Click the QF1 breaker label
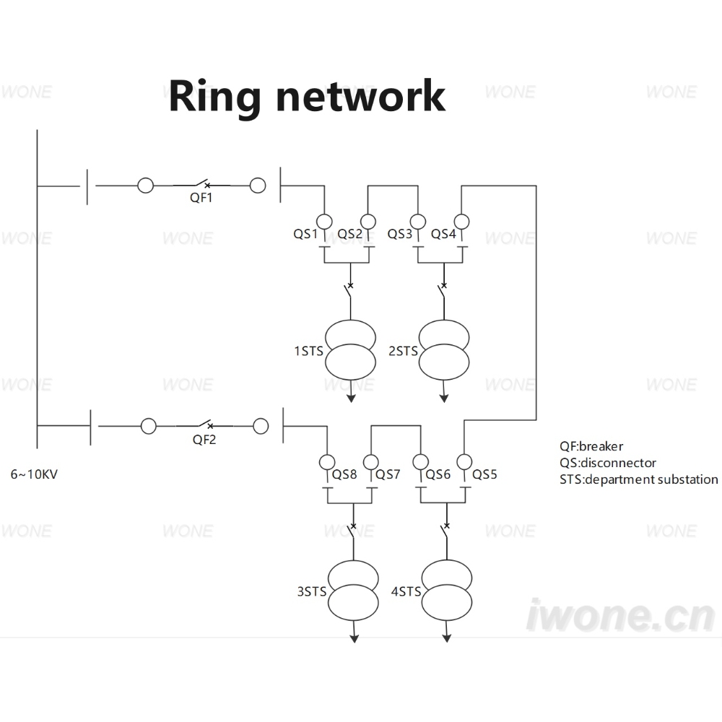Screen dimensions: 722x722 point(201,198)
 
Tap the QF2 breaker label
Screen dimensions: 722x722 point(204,440)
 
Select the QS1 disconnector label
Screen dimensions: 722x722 point(305,234)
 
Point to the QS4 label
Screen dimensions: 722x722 point(443,234)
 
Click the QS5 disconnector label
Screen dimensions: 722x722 point(484,474)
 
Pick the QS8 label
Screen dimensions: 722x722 point(344,474)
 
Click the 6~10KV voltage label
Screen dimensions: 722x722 point(34,474)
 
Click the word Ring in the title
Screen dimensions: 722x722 point(214,96)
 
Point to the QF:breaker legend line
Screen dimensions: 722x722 point(591,446)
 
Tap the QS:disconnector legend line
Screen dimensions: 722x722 point(608,463)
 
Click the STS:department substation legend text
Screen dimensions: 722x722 point(639,479)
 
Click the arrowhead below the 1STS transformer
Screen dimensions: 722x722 point(351,399)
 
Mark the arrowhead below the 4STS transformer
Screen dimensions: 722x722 point(447,638)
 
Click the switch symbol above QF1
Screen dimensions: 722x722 point(201,183)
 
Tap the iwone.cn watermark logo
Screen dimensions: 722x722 point(621,615)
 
